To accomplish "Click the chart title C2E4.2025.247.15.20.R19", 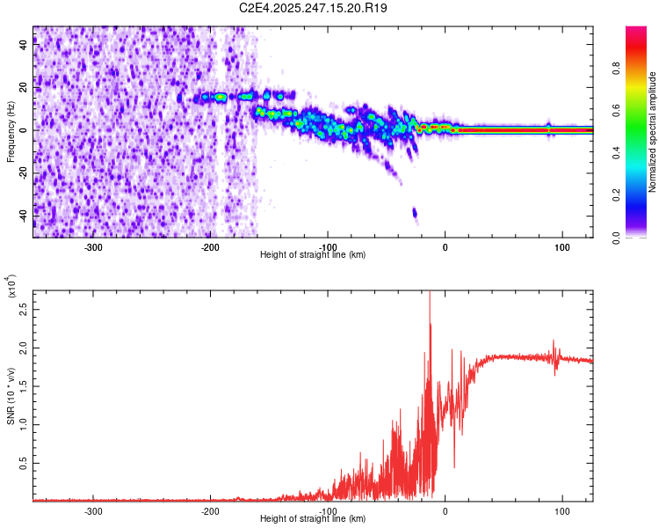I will (x=314, y=8).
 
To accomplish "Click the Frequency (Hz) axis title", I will (x=11, y=132).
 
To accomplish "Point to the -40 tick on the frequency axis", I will (x=23, y=215).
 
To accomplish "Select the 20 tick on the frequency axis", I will (x=23, y=88).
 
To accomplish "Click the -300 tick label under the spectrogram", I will (x=93, y=246).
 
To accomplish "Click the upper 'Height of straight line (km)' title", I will (x=313, y=254).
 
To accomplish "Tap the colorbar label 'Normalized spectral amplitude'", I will (x=653, y=132).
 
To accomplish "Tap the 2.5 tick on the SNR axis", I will (x=23, y=311).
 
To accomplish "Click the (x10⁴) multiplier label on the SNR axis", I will (x=11, y=286).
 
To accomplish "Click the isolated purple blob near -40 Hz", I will (x=415, y=213).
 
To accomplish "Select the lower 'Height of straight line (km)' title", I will (x=313, y=519).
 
